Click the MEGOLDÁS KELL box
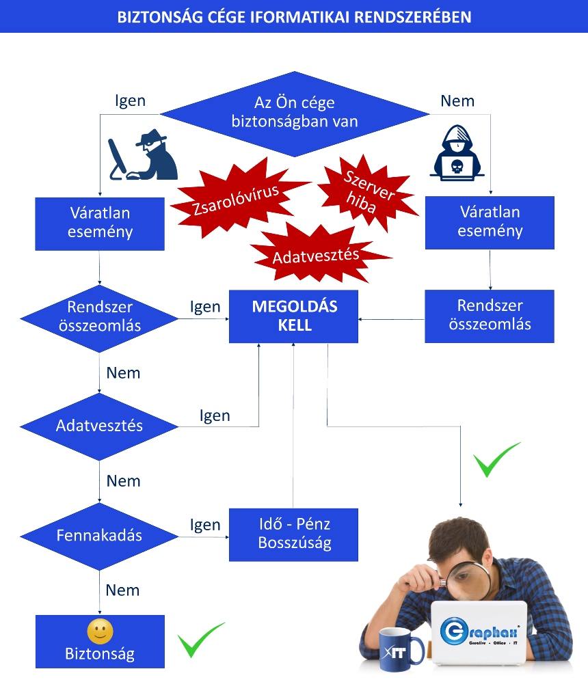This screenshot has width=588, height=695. [x=293, y=316]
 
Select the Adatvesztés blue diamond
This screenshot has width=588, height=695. [x=99, y=426]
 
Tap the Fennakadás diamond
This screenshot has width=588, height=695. [x=99, y=536]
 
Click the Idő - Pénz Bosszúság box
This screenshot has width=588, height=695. [x=293, y=534]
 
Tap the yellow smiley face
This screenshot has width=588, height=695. [x=100, y=631]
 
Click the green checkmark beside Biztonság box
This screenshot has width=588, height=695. [x=200, y=639]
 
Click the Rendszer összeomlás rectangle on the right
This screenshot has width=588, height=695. [x=490, y=316]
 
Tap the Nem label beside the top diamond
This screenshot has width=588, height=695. [x=457, y=101]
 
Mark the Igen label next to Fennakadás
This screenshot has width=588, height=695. [x=205, y=525]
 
